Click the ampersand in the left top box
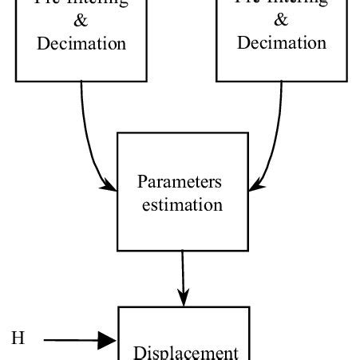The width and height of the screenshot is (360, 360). point(81,21)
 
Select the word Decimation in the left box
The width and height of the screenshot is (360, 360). point(81,43)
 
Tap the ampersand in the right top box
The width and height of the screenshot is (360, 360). point(282,21)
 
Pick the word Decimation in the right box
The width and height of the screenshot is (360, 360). point(282,43)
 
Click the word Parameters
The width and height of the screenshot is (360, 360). point(180,182)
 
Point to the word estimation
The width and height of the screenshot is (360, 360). point(182,204)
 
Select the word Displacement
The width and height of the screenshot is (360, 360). point(185,352)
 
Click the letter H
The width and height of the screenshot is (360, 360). point(18,339)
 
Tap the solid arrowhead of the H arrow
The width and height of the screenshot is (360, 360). point(109,341)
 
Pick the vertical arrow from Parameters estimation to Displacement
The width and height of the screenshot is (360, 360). point(183,275)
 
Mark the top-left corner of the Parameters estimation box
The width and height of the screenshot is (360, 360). point(118,133)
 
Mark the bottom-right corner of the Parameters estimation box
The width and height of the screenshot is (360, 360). point(248,250)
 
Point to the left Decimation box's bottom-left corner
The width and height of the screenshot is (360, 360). point(17,81)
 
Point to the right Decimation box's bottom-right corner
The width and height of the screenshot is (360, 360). point(346,81)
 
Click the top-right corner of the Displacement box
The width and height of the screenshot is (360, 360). point(249,307)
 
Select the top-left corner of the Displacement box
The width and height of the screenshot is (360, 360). point(119,307)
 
